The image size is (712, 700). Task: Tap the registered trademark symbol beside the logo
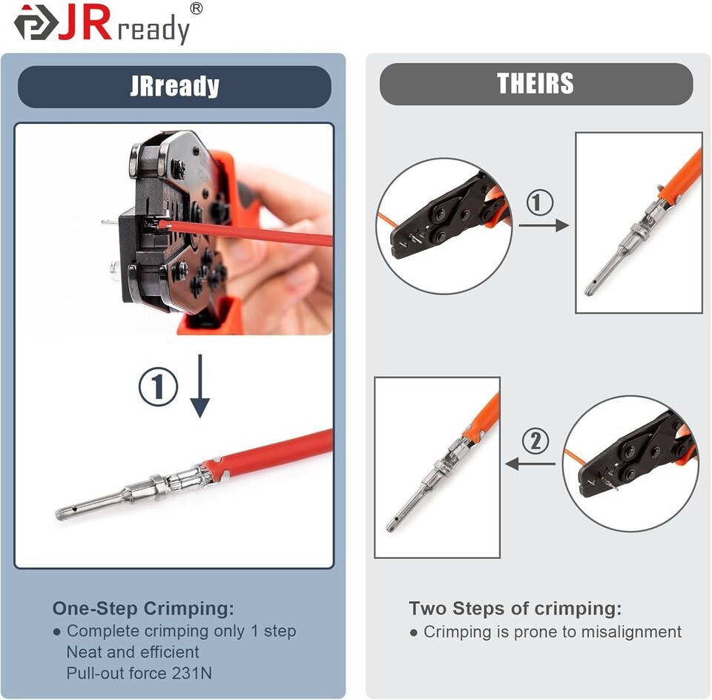click(196, 9)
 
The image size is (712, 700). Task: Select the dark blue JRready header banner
click(174, 87)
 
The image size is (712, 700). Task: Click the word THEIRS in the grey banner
click(535, 84)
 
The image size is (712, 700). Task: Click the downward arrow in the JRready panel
click(200, 386)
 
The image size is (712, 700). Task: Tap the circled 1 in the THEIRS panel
click(540, 202)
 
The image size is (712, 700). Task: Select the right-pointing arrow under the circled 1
click(544, 225)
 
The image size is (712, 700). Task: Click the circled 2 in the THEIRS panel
click(535, 440)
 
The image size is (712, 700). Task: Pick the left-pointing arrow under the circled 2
click(530, 464)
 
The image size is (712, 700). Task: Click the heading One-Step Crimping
click(143, 608)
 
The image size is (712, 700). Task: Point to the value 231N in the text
click(192, 673)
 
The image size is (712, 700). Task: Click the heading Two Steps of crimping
click(515, 609)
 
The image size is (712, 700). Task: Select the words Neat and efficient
click(133, 652)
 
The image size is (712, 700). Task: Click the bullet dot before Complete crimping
click(57, 632)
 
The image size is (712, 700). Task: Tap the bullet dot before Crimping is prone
click(413, 633)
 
